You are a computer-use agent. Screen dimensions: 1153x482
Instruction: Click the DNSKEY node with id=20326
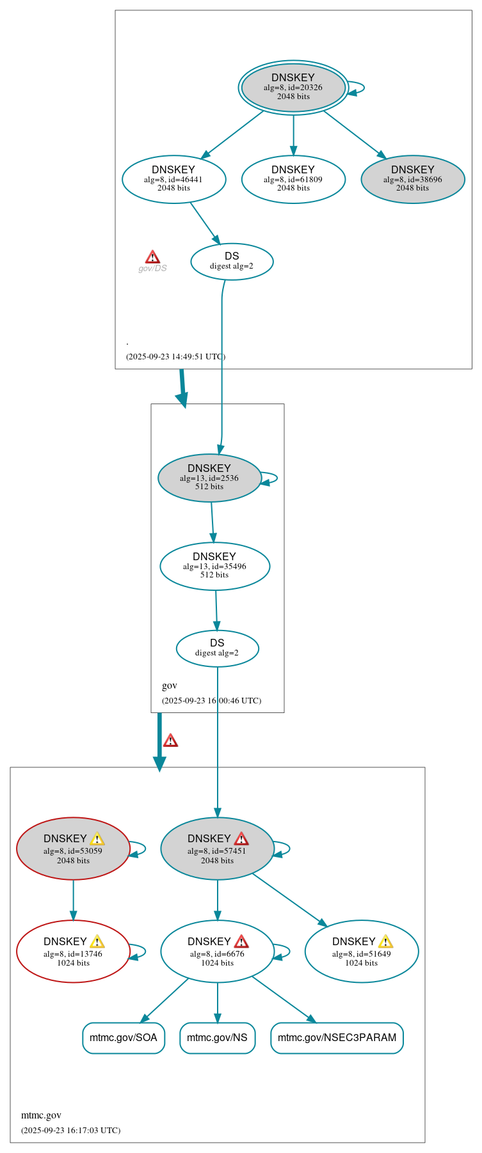coord(293,88)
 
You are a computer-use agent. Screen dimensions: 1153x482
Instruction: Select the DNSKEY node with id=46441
coord(173,180)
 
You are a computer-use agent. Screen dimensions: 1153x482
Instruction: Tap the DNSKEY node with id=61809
coord(293,180)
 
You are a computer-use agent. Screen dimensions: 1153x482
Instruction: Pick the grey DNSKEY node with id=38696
coord(412,180)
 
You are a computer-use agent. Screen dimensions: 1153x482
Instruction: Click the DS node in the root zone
coord(232,262)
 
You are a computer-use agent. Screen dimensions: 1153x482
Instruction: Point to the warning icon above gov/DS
coord(152,257)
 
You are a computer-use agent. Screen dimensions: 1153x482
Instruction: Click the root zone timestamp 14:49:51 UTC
coord(175,357)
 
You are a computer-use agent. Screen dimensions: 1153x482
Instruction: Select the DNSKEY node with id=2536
coord(209,478)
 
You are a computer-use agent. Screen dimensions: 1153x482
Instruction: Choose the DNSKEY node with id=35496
coord(214,567)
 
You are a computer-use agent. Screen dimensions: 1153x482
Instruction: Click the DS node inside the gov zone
coord(217,648)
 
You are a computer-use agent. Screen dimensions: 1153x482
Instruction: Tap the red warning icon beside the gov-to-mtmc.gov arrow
coord(170,741)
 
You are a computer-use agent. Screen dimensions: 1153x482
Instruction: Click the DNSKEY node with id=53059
coord(73,849)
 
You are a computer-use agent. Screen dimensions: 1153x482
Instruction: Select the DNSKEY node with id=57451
coord(217,849)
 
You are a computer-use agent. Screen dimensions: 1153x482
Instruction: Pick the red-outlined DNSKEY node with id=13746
coord(73,952)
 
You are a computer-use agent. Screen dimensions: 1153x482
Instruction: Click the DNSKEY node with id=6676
coord(217,952)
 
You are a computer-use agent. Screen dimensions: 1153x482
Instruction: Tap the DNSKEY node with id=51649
coord(362,952)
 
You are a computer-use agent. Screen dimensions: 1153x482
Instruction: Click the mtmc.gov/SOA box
coord(124,1038)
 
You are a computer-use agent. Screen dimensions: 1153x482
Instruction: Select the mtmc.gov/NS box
coord(217,1038)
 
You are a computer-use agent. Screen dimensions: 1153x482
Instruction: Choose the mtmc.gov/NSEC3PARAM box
coord(337,1038)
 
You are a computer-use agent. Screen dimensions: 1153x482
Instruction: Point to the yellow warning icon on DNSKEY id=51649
coord(385,941)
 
